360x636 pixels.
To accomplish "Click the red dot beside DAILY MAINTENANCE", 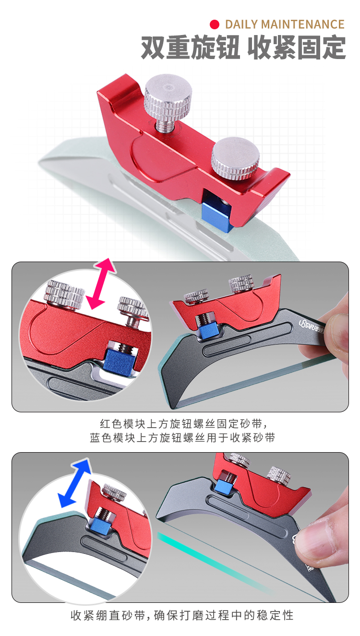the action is (x=215, y=24).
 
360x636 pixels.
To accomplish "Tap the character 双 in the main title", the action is (x=153, y=48).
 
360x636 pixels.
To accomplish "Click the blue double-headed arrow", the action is (x=74, y=483).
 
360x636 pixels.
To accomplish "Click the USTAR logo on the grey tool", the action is (x=312, y=325).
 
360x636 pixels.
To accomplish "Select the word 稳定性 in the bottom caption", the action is (x=275, y=615).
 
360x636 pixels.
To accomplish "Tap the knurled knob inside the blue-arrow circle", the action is (x=114, y=492).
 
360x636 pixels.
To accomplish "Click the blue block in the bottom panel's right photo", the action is (x=223, y=486).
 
